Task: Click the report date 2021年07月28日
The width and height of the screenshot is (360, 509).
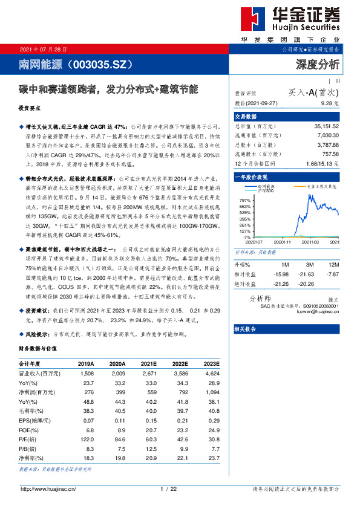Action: (x=44, y=50)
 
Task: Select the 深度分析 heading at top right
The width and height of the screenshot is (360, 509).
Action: (x=318, y=63)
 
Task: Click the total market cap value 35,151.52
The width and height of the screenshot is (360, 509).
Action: (x=327, y=126)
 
